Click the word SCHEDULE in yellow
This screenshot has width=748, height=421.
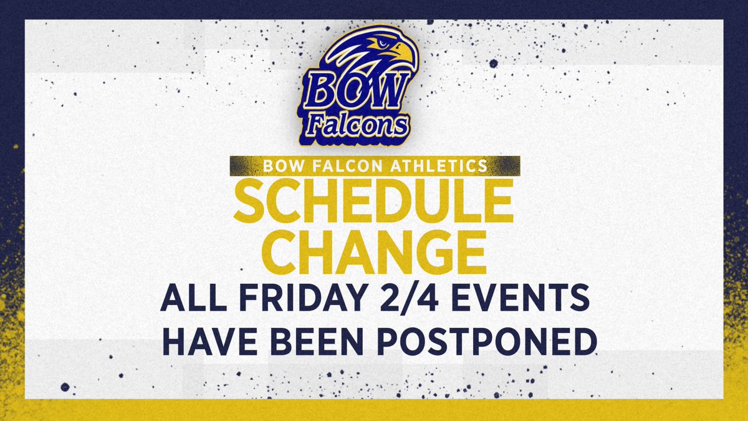tap(373, 201)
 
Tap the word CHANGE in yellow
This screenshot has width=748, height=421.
tap(373, 251)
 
